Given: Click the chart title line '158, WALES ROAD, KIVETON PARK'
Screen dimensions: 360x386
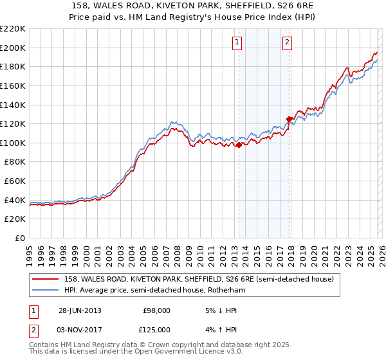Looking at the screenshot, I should pyautogui.click(x=192, y=6).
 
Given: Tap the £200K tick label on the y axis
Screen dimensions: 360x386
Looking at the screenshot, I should pyautogui.click(x=13, y=48).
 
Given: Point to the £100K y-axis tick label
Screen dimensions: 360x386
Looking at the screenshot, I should pyautogui.click(x=13, y=143).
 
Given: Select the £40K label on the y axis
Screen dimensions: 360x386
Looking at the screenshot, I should pyautogui.click(x=15, y=200).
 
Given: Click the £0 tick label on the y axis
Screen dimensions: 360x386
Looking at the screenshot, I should pyautogui.click(x=20, y=238).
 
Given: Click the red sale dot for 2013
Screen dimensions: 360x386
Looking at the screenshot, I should pyautogui.click(x=239, y=145).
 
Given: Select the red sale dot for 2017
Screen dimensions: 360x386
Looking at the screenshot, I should pyautogui.click(x=289, y=119).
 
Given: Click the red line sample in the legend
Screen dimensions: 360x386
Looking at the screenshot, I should pyautogui.click(x=46, y=280).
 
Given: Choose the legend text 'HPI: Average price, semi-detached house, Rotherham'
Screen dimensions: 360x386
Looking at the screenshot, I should pyautogui.click(x=154, y=291).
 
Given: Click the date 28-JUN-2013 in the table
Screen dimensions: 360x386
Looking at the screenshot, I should pyautogui.click(x=80, y=310).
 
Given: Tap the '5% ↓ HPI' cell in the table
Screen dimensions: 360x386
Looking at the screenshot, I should pyautogui.click(x=219, y=310).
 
